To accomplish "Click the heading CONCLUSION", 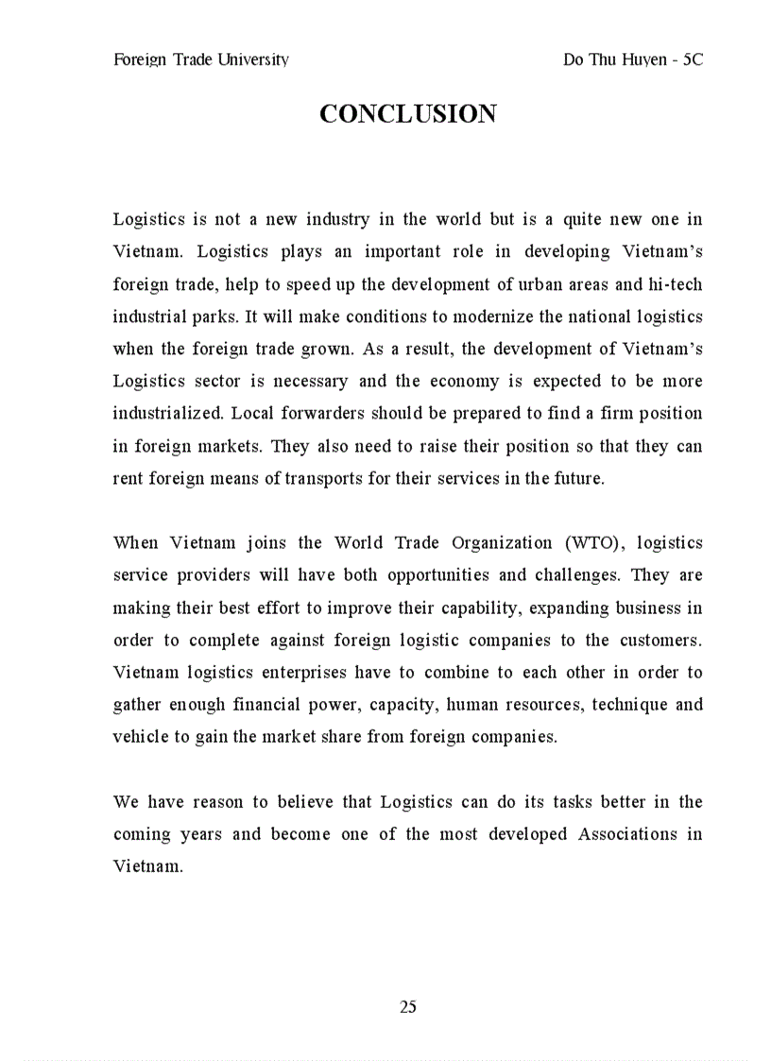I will (x=407, y=114).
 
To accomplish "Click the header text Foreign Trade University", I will (x=200, y=60).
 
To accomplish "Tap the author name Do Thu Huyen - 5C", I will (x=632, y=60).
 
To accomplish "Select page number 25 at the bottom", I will (x=408, y=1007).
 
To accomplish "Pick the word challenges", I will (x=576, y=575).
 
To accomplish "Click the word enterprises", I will (x=303, y=673).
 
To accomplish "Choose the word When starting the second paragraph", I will (x=135, y=543).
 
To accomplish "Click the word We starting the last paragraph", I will (x=126, y=802).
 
